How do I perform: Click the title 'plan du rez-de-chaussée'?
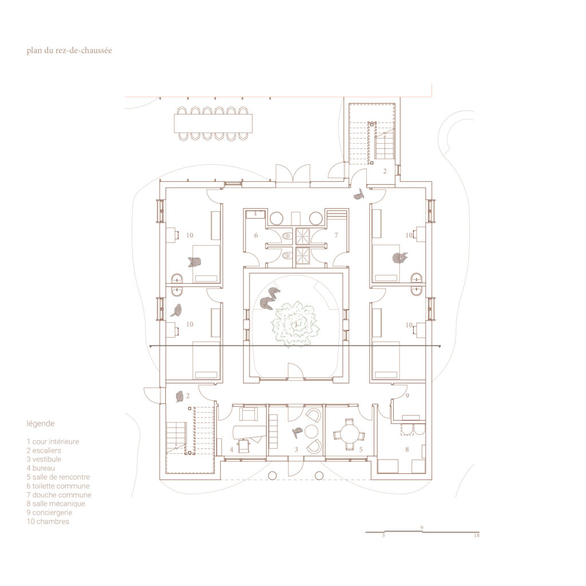69,50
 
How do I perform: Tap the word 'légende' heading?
41,423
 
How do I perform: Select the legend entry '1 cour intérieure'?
53,441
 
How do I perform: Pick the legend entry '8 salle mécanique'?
56,504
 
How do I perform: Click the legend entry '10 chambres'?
48,521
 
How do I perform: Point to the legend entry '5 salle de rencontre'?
58,477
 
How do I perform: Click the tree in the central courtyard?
295,324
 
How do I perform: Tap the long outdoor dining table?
213,124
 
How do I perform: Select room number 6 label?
256,235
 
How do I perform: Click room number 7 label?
336,235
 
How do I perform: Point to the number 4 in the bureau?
231,450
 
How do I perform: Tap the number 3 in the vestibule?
296,450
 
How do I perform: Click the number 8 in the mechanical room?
407,450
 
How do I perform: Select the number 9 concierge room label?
407,395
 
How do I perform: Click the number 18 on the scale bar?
477,536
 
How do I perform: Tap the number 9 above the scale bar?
422,528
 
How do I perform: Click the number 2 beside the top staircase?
385,171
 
